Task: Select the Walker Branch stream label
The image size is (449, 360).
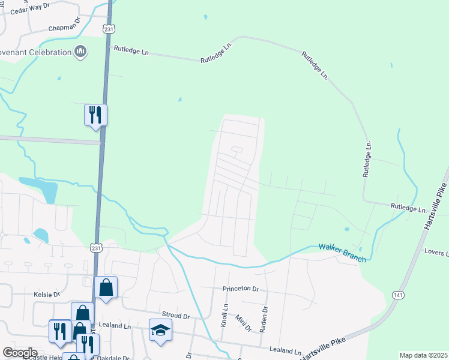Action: (x=342, y=247)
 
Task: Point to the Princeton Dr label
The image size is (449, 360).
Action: (x=240, y=289)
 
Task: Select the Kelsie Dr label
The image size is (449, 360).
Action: (x=47, y=295)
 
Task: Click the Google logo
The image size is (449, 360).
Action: (x=20, y=353)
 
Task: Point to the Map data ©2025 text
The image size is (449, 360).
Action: (x=423, y=355)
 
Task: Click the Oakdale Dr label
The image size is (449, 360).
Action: (x=113, y=358)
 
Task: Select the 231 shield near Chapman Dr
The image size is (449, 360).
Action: (x=108, y=29)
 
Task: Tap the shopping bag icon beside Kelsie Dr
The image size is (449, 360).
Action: (x=106, y=287)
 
